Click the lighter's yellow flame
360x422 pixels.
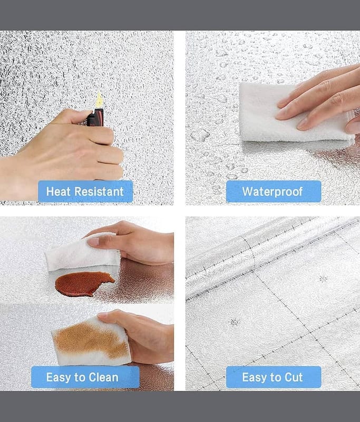coord(99,100)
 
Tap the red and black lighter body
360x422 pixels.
coord(95,118)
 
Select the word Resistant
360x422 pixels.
coord(99,191)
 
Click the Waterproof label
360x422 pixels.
coord(274,191)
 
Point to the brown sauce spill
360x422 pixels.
coord(84,284)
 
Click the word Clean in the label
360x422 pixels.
coord(103,377)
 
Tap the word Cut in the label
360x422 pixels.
coord(294,377)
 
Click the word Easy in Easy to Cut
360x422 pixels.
coord(254,377)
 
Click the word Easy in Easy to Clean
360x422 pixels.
coord(59,377)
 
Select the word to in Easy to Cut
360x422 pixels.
coord(275,377)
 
